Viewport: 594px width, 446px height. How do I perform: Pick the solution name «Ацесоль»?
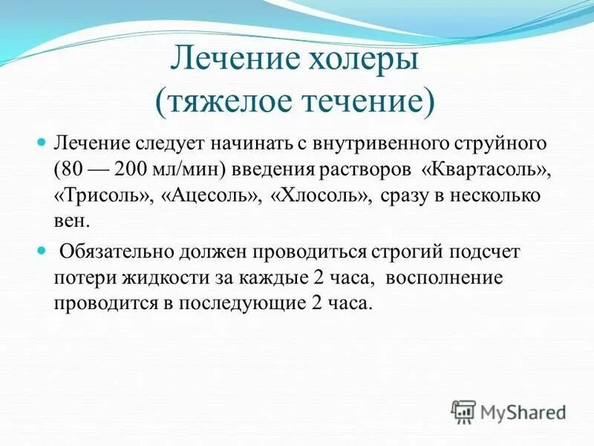pyautogui.click(x=201, y=195)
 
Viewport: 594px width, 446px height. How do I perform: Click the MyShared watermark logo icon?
pyautogui.click(x=463, y=410)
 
